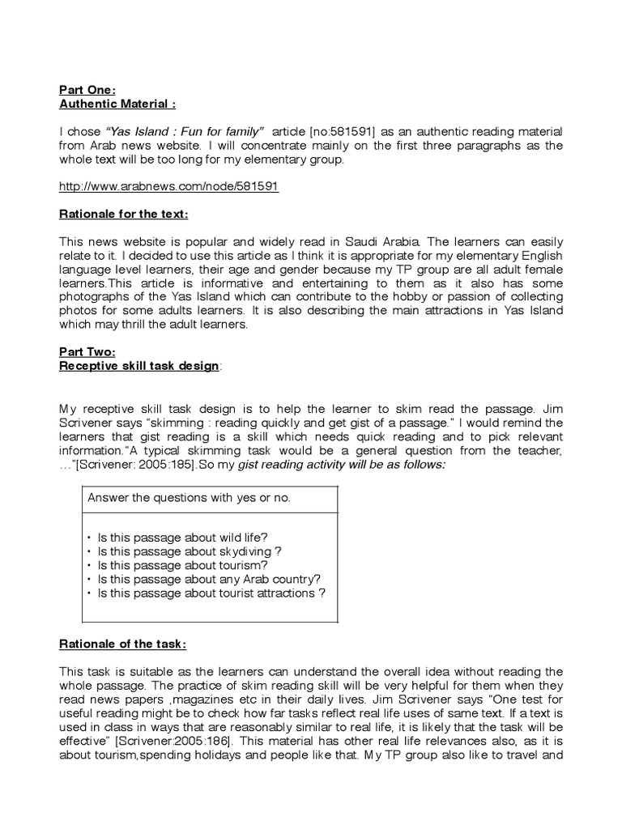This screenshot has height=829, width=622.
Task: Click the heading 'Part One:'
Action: pos(87,90)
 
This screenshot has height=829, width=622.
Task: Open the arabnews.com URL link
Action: pos(168,185)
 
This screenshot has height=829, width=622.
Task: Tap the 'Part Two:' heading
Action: pos(87,353)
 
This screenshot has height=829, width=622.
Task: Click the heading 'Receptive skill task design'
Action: pos(138,366)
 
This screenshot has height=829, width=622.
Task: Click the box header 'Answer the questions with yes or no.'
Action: pos(188,498)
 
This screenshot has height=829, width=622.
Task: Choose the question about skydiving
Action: pos(189,551)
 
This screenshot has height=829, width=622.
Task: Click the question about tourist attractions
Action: pos(211,593)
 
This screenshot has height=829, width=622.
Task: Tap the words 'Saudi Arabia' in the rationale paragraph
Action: pos(385,241)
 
